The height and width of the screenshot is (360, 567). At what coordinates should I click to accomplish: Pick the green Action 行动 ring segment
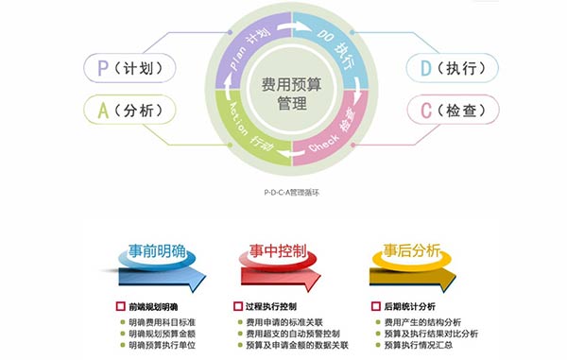(x=245, y=140)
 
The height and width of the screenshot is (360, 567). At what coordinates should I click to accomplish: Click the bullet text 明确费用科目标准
(x=162, y=321)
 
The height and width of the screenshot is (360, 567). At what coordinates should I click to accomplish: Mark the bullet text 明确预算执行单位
(x=162, y=346)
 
